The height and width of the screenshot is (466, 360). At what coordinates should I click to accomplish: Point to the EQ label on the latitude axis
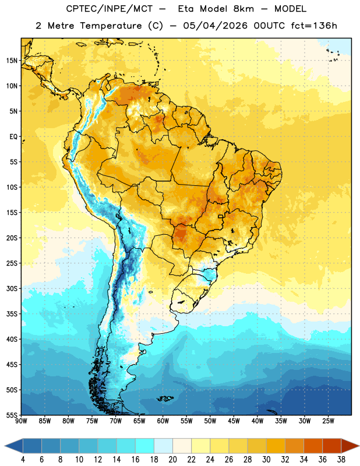point(13,137)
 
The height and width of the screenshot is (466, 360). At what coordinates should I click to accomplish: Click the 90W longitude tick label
point(21,421)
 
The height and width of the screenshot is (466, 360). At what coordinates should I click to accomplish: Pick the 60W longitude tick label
point(163,421)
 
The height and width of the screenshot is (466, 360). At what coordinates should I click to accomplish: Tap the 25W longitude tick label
point(328,421)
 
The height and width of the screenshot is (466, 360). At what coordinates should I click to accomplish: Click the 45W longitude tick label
point(234,421)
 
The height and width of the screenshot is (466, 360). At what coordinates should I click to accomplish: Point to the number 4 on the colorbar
point(23,460)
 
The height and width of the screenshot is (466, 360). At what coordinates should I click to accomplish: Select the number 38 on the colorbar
point(341,460)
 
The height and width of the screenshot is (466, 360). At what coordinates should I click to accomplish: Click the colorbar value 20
point(172,460)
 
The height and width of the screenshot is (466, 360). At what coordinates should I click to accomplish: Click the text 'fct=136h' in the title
point(314,26)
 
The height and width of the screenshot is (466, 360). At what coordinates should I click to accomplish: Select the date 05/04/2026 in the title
point(215,26)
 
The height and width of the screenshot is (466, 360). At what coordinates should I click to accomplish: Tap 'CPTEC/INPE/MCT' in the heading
point(110,9)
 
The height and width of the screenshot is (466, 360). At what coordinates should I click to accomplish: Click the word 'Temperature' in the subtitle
point(111,26)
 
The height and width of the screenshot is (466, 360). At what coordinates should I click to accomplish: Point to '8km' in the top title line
point(243,9)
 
